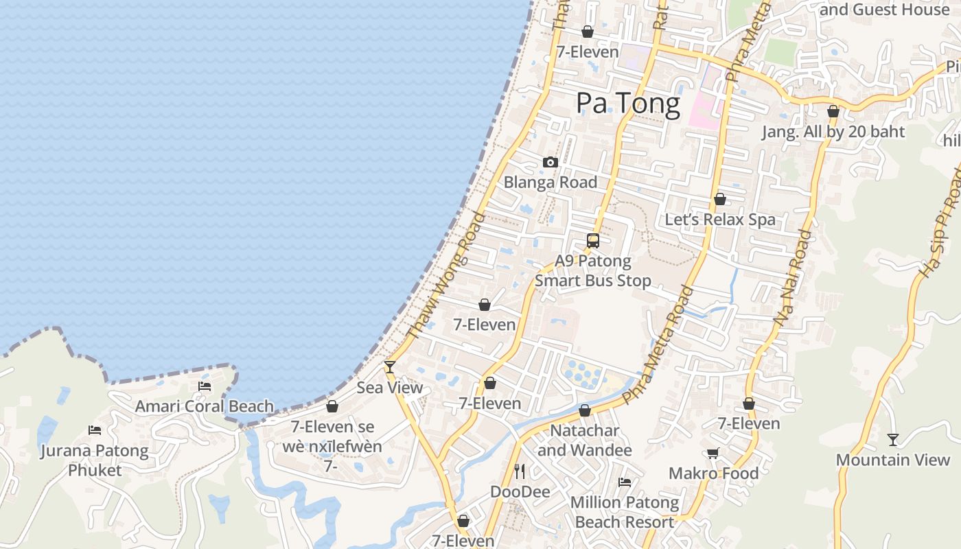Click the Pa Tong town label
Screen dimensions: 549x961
click(628, 104)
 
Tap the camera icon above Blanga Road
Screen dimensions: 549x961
click(551, 163)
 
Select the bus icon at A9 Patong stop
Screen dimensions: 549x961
click(593, 241)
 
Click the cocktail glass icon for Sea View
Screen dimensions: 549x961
click(390, 367)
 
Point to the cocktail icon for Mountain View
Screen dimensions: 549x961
click(892, 440)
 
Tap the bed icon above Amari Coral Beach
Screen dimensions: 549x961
click(205, 386)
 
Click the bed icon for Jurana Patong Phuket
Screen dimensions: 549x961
click(95, 430)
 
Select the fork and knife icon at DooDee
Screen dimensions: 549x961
click(520, 471)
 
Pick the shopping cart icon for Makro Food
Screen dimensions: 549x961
click(713, 453)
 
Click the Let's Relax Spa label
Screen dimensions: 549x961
click(720, 220)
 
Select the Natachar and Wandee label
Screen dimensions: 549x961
click(584, 441)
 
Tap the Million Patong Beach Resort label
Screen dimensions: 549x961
click(625, 512)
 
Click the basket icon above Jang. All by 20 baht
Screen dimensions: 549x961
click(833, 111)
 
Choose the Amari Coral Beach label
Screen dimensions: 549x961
click(205, 406)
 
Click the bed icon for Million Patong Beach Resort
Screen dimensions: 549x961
click(625, 482)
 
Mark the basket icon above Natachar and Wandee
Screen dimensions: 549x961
click(585, 410)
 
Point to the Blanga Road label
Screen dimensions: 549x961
click(551, 183)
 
